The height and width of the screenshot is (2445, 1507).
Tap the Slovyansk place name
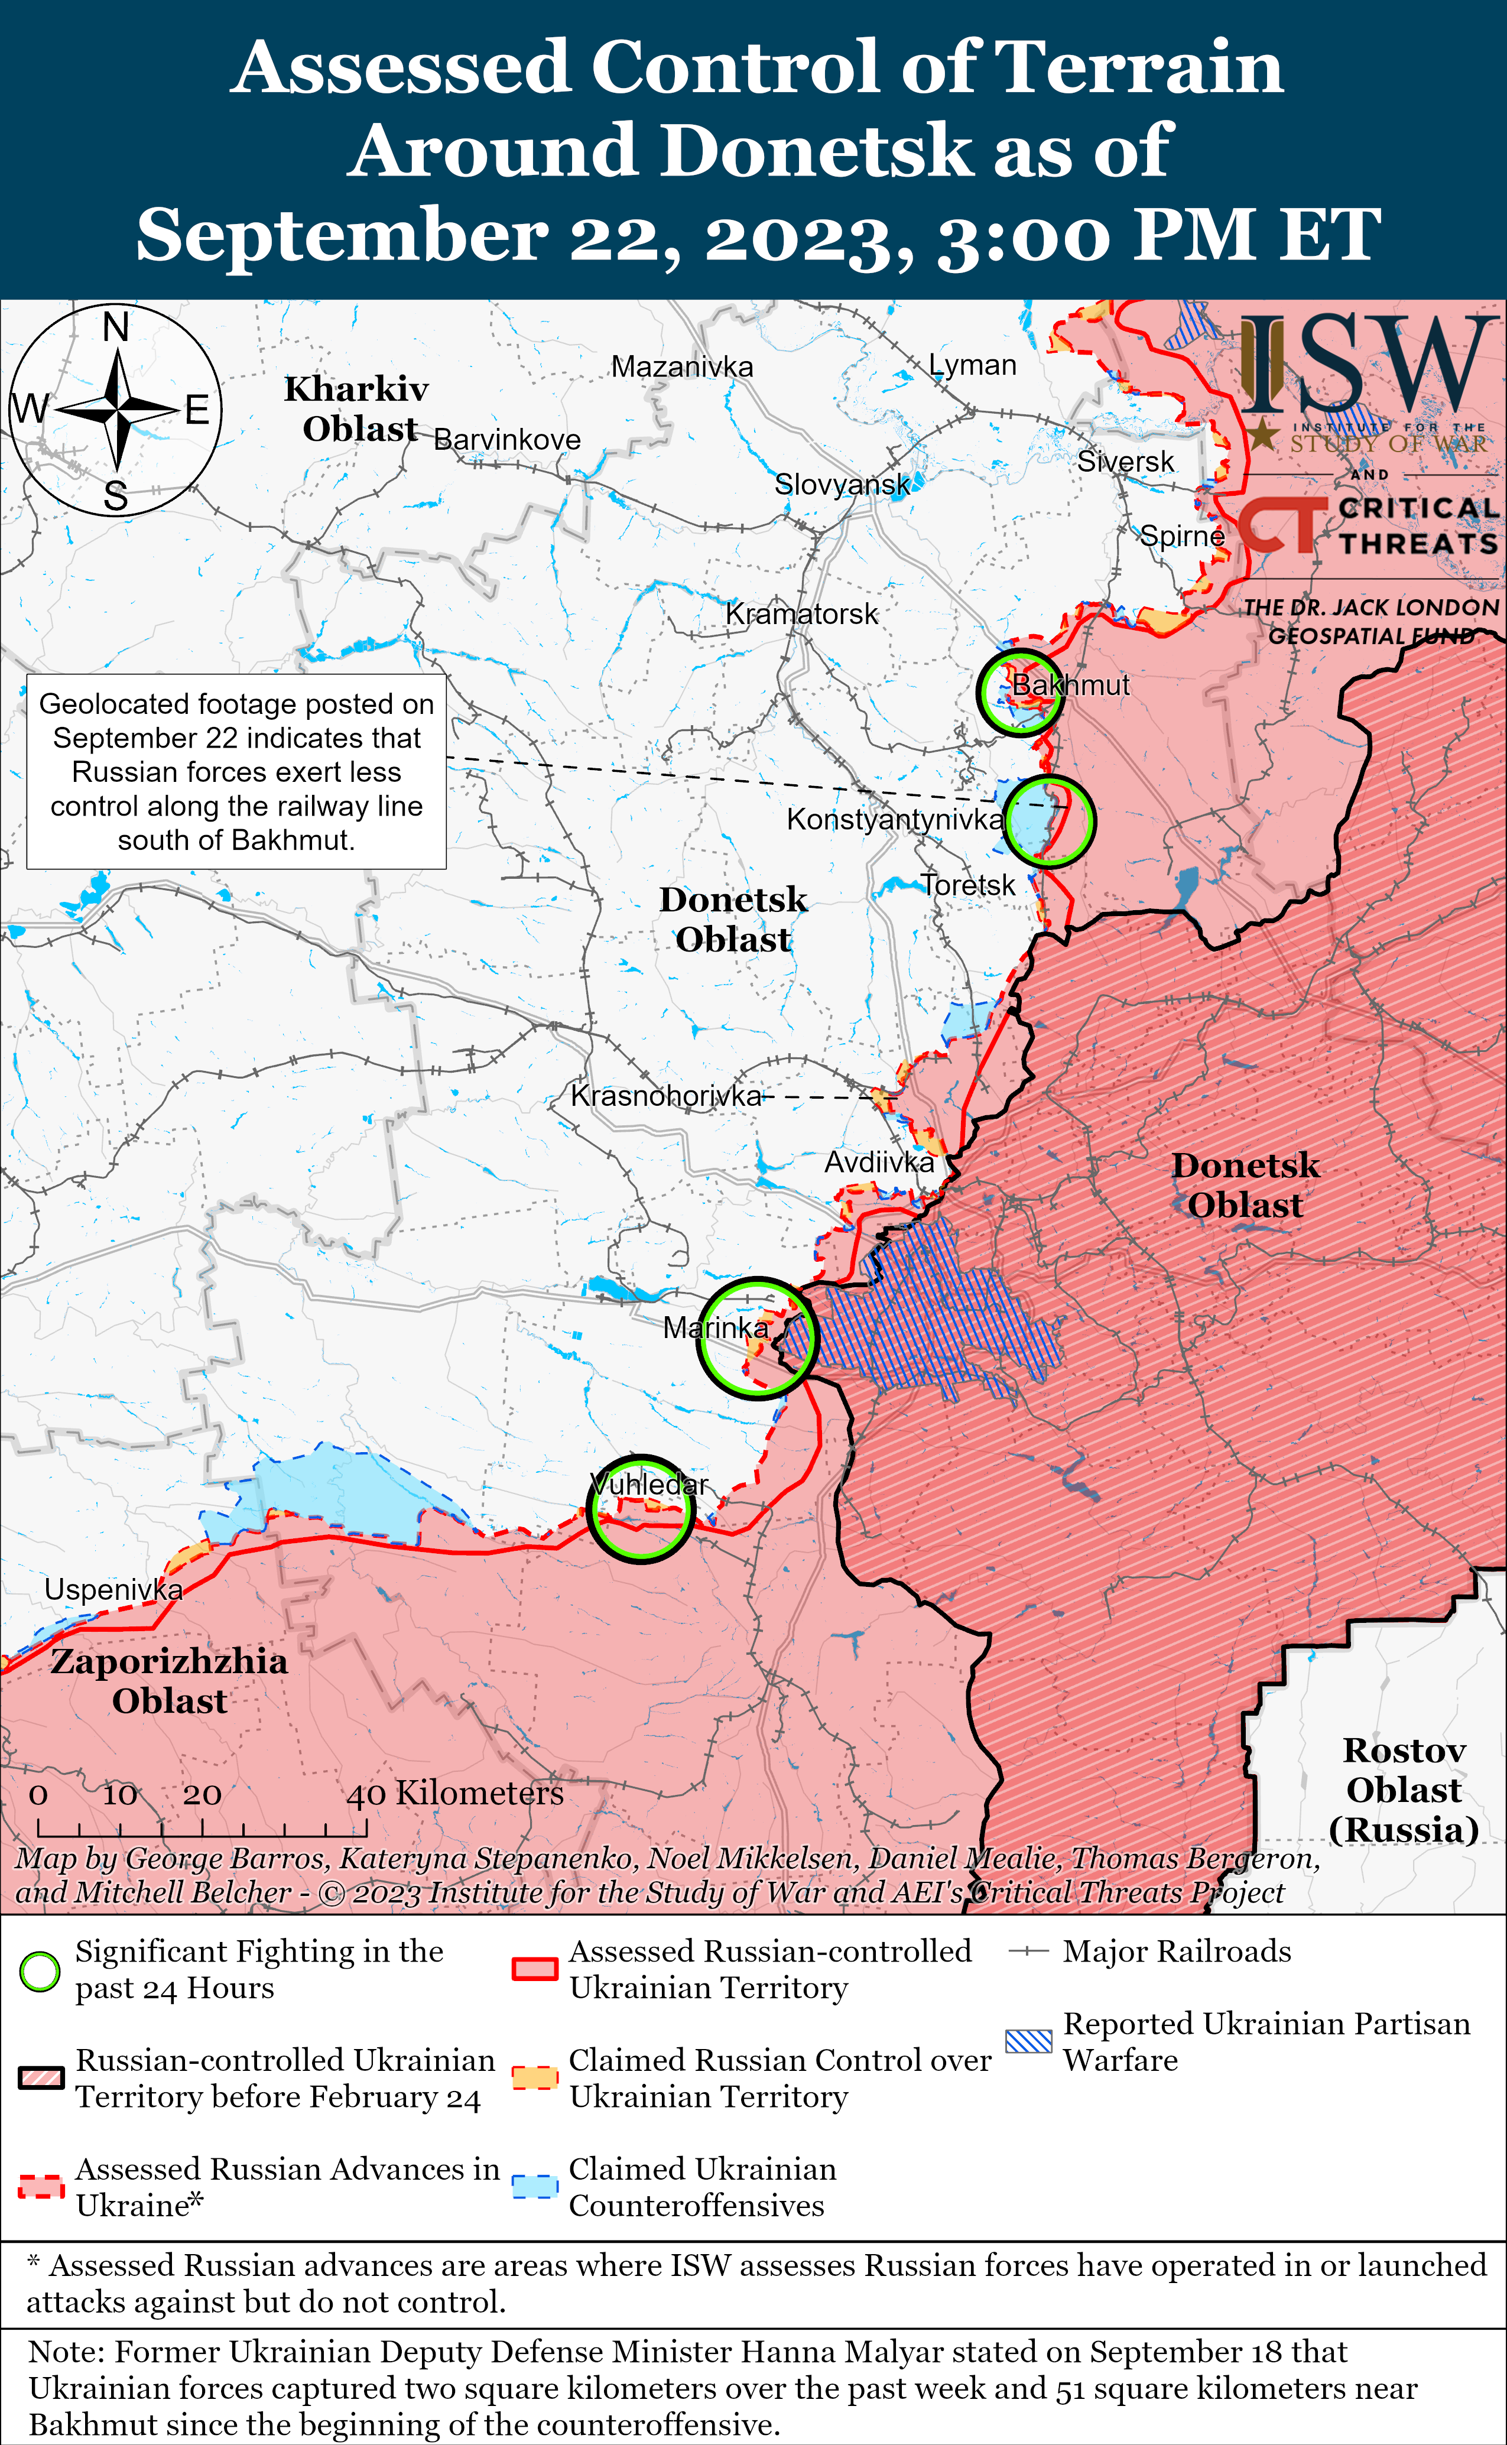(842, 485)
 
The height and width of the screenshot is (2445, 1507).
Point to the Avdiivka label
(879, 1162)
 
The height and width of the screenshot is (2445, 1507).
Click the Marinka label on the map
(716, 1327)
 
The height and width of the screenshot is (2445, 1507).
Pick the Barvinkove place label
(507, 440)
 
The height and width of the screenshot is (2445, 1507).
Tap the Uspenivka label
(113, 1590)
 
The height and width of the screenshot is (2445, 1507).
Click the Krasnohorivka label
(666, 1095)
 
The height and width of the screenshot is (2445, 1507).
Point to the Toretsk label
(968, 885)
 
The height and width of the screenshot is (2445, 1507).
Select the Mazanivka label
(682, 367)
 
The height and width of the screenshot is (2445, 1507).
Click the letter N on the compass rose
(116, 327)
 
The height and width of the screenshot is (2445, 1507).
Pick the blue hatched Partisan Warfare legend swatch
(1028, 2041)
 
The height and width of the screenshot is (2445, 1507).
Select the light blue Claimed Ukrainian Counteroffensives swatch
(534, 2187)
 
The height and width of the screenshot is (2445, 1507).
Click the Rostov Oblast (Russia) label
(1404, 1790)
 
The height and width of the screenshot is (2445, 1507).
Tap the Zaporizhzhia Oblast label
(170, 1680)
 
